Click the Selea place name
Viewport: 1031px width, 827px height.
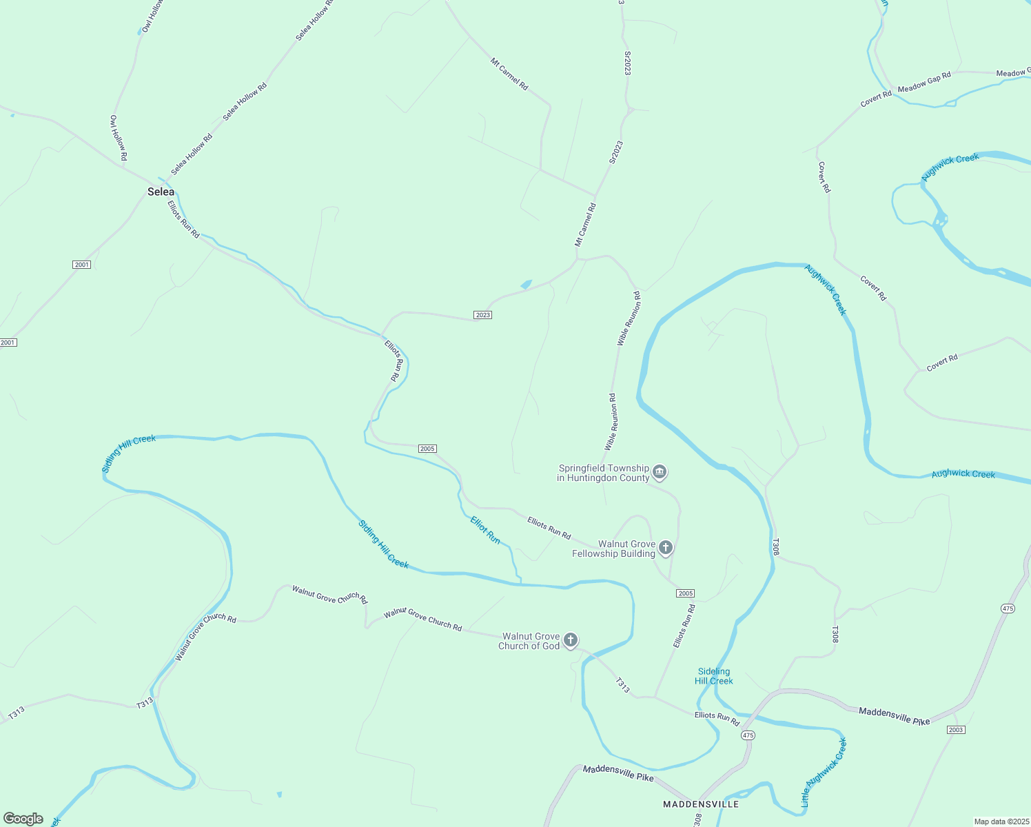pos(161,192)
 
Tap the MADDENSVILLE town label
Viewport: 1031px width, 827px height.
pos(700,804)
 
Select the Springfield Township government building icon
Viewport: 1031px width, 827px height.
pos(660,472)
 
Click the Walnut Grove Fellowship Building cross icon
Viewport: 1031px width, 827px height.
pos(665,548)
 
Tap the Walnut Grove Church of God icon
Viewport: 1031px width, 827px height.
pos(571,640)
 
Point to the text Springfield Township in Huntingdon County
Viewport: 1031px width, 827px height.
pos(604,473)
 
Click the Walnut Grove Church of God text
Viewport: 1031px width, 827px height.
pos(529,641)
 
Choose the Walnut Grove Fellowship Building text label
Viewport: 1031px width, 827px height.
pos(614,549)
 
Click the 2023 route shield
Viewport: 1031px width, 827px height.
pos(482,315)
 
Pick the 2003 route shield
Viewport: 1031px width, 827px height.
pos(955,730)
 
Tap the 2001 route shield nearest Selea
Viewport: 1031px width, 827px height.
pos(81,265)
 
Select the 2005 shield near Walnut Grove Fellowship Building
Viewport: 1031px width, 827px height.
pos(685,593)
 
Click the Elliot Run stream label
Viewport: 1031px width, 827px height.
pos(485,529)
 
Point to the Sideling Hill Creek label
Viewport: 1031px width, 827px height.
pos(714,676)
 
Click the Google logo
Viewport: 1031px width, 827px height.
pos(23,819)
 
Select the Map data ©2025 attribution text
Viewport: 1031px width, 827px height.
pos(1001,821)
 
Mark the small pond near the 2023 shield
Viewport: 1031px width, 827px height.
pos(526,284)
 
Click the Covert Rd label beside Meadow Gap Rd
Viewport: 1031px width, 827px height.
pos(876,100)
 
